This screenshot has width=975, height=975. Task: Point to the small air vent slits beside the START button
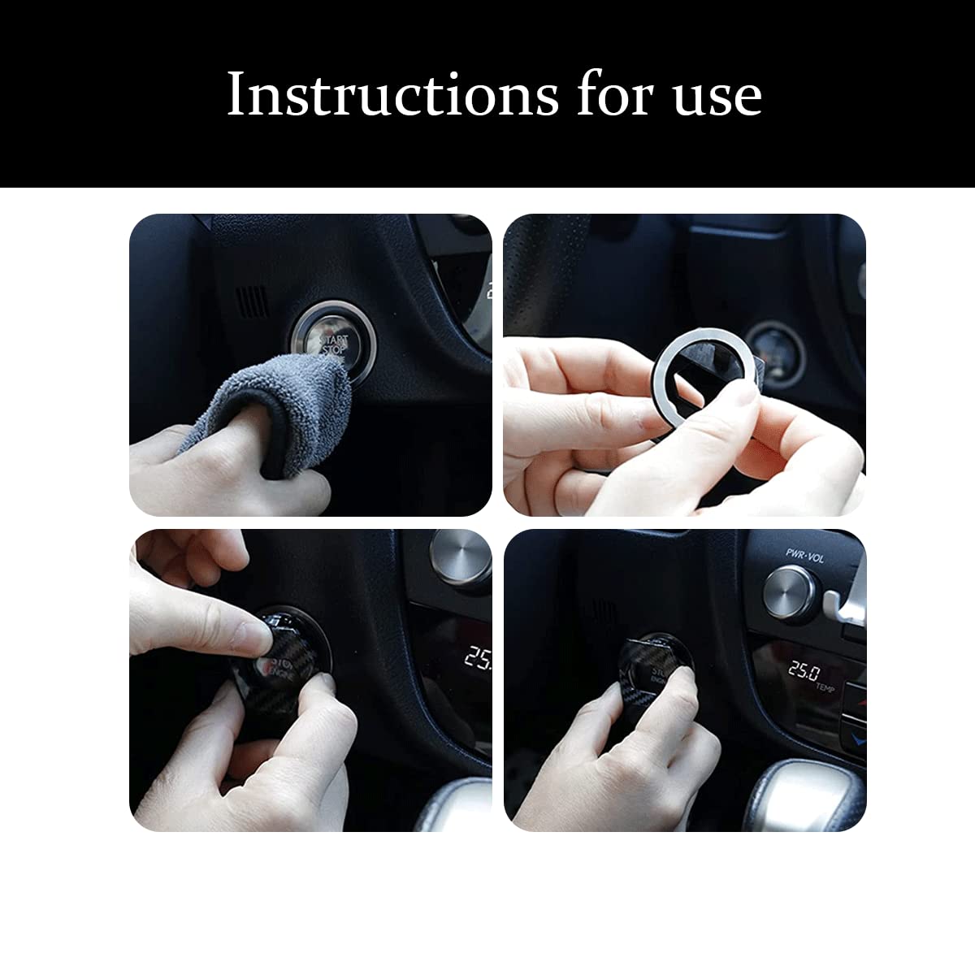tap(252, 300)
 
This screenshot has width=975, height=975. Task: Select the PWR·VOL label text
tap(804, 553)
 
